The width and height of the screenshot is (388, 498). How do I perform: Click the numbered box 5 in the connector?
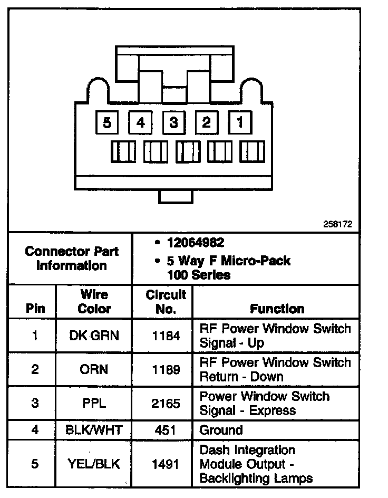point(108,124)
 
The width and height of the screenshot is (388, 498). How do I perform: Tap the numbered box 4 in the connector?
point(141,124)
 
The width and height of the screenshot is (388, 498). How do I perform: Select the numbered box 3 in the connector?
point(173,124)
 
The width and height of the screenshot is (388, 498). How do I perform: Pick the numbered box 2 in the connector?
point(207,124)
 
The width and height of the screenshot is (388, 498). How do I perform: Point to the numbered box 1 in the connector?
point(240,124)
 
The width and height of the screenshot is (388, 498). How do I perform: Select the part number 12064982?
point(195,243)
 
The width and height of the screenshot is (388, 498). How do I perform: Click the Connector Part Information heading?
point(72,258)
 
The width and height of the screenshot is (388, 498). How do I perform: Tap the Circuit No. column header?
point(166,302)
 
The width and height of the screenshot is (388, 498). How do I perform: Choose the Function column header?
point(277,309)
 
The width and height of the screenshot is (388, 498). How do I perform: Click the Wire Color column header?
point(94,302)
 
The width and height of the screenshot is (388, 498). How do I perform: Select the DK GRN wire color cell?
point(94,336)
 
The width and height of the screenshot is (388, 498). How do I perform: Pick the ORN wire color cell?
point(94,369)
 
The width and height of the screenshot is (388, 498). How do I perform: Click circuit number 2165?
point(166,404)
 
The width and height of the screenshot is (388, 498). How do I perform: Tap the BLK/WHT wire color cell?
point(94,430)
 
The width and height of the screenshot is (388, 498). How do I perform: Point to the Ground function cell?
point(221,430)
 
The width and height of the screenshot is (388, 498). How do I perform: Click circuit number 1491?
point(166,464)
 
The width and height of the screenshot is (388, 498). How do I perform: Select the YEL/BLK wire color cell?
point(94,464)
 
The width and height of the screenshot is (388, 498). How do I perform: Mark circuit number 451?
point(166,430)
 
